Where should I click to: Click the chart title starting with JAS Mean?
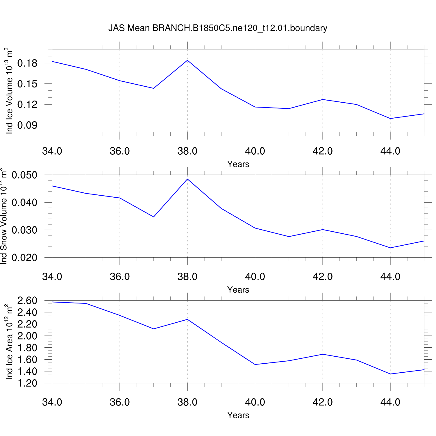coord(218,28)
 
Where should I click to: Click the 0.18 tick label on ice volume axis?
coord(27,63)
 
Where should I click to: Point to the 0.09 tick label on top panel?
coord(27,125)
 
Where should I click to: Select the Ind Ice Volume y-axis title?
coord(10,91)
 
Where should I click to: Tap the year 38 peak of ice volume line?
coord(187,60)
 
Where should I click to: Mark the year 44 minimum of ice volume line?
coord(390,119)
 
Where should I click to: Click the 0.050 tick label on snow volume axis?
coord(24,175)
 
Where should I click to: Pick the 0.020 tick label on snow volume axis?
coord(24,258)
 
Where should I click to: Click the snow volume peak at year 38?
coord(187,179)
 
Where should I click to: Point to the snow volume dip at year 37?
coord(153,217)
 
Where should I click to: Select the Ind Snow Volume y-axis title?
coord(3,216)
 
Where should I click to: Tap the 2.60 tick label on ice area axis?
coord(27,301)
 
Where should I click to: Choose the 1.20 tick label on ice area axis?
coord(27,383)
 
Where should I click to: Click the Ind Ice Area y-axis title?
coord(10,342)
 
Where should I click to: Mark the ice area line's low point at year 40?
coord(255,364)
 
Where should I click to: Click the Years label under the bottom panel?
coord(238,415)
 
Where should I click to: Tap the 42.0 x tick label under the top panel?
coord(323,151)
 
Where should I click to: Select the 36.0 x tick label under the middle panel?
coord(120,277)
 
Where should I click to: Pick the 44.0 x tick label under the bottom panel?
coord(390,402)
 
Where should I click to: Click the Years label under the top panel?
coord(238,164)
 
